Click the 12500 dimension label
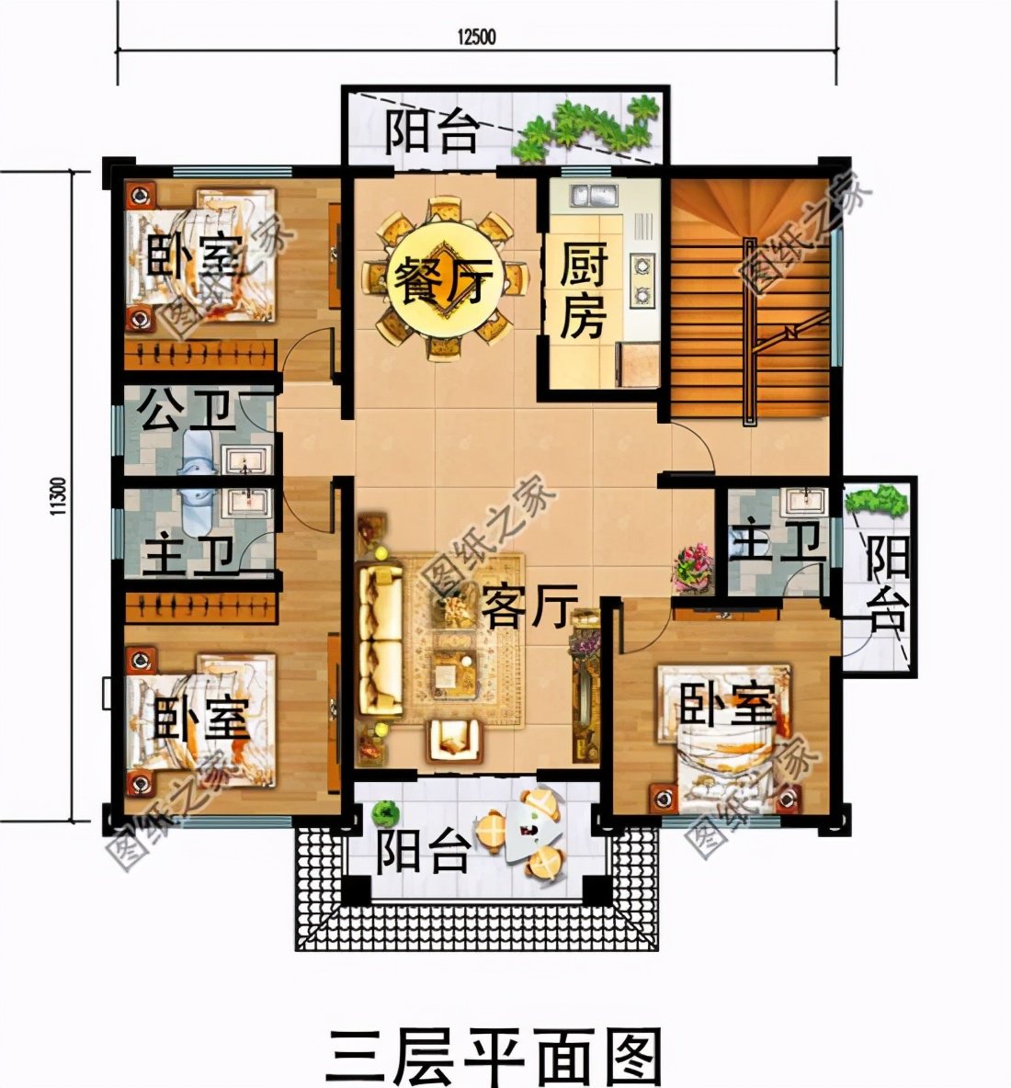476,36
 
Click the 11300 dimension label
57,496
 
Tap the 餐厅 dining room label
443,275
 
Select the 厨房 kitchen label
584,293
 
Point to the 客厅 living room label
527,606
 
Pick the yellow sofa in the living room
379,640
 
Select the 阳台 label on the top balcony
432,133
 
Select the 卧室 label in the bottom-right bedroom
726,707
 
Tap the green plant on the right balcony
876,502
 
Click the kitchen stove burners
641,280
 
